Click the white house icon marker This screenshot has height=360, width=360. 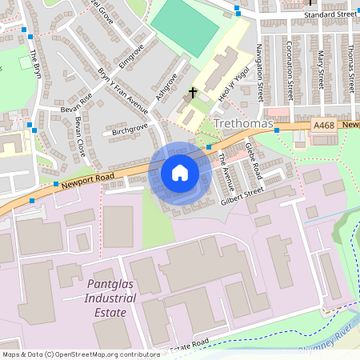179,173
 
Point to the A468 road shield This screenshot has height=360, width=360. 324,126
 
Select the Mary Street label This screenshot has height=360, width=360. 319,68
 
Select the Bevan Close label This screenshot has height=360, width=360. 80,136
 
